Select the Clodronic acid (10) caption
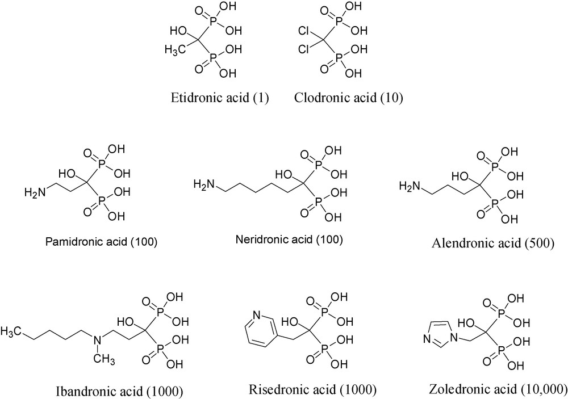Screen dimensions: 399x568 point(348,98)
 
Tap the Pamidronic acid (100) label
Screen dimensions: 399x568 point(101,242)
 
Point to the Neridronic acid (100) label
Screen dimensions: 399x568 point(289,239)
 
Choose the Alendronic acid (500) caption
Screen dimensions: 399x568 point(491,243)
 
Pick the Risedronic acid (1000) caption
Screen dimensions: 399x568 point(313,389)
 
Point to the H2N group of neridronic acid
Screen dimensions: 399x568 point(203,184)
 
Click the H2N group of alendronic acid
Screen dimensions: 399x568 point(410,186)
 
